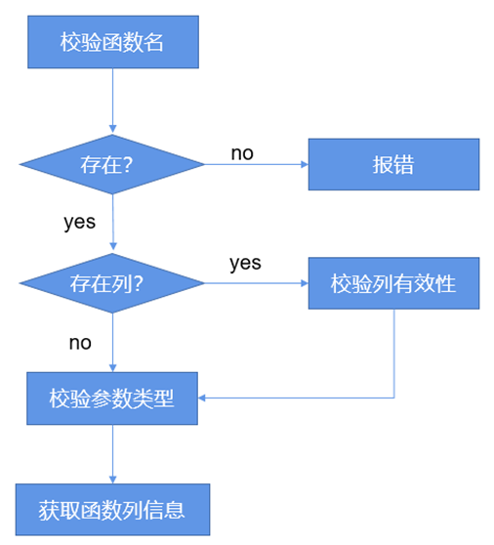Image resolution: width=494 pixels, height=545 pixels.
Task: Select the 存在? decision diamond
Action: [x=113, y=164]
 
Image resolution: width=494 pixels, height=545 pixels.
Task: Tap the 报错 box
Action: [x=393, y=164]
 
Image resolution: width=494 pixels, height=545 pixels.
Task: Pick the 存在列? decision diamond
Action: [x=113, y=284]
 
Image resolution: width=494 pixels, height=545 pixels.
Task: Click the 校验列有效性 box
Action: [x=393, y=284]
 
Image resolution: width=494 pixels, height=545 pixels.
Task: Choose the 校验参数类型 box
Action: [x=112, y=398]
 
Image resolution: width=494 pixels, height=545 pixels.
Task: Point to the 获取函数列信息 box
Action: [x=112, y=510]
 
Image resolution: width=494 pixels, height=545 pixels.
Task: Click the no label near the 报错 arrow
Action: [x=242, y=152]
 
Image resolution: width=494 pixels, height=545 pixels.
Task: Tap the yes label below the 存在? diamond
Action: [x=79, y=222]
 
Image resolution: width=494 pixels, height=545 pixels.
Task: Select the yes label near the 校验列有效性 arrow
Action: [x=245, y=263]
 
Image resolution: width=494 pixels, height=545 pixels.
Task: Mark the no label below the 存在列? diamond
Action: [x=79, y=342]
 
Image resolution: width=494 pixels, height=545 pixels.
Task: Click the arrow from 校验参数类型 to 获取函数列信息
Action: [x=113, y=454]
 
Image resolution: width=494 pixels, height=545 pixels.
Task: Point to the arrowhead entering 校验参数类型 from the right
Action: [x=203, y=398]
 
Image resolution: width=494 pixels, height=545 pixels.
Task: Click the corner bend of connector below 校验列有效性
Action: [x=393, y=398]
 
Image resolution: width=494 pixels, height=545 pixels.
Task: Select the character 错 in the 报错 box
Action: [x=404, y=164]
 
